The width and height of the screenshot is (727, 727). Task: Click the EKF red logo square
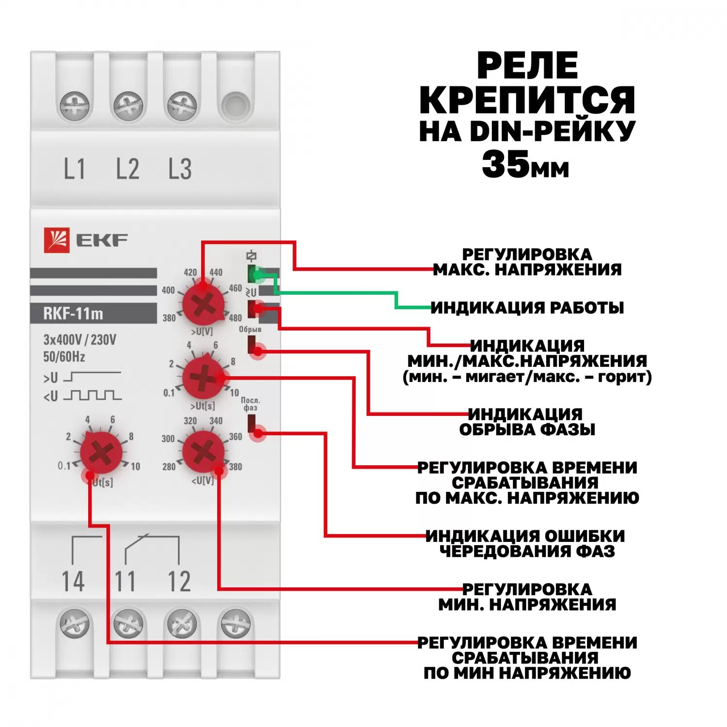click(x=57, y=240)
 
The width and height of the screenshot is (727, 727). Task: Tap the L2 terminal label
click(x=127, y=169)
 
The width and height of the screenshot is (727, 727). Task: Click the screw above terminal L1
click(x=75, y=106)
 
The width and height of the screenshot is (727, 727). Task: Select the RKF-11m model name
click(x=73, y=314)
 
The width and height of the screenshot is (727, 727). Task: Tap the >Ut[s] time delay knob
click(x=203, y=378)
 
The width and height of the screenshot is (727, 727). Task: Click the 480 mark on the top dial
click(x=235, y=318)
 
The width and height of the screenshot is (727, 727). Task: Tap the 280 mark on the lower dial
click(x=169, y=467)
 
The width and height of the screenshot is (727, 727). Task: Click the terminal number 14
click(x=73, y=581)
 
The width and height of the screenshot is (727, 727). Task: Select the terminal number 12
click(x=179, y=581)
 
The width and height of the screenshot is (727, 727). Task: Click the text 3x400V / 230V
click(x=80, y=340)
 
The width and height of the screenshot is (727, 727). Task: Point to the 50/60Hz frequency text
click(x=64, y=357)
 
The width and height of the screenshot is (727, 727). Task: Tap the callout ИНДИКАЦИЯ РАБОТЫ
click(x=527, y=308)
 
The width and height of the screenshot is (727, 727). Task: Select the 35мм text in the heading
click(x=525, y=164)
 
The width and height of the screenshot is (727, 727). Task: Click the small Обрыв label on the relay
click(x=250, y=330)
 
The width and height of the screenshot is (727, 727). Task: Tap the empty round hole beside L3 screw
click(x=236, y=105)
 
